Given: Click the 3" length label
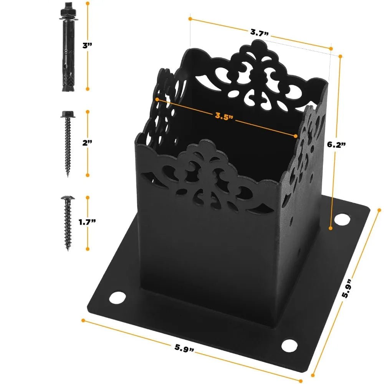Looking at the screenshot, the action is [x=87, y=45].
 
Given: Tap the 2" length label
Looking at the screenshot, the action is [x=87, y=143].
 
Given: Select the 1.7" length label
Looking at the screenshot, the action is [x=87, y=222].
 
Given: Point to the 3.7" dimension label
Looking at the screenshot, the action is [x=259, y=33].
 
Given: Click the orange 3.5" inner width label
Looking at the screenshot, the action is [x=224, y=116].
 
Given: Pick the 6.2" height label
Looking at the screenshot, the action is [x=336, y=144].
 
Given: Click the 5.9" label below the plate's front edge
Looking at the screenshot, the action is [x=184, y=348].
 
